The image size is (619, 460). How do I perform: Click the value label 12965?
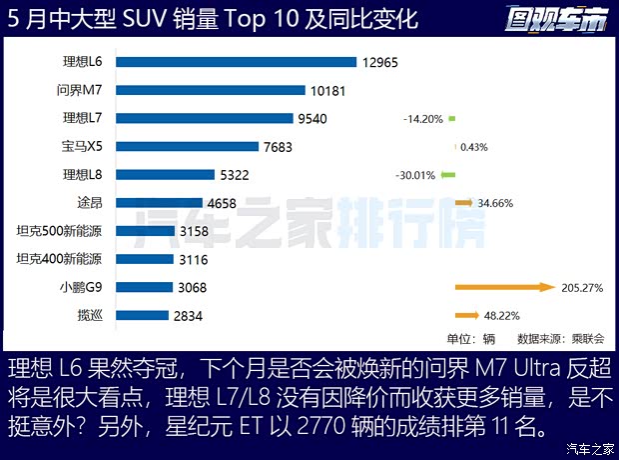tap(381, 62)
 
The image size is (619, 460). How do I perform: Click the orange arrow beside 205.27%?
tap(504, 287)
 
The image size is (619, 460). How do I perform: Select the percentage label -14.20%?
tap(423, 119)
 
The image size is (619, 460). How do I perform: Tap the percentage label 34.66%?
tap(496, 203)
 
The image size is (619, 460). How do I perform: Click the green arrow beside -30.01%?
tap(448, 175)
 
